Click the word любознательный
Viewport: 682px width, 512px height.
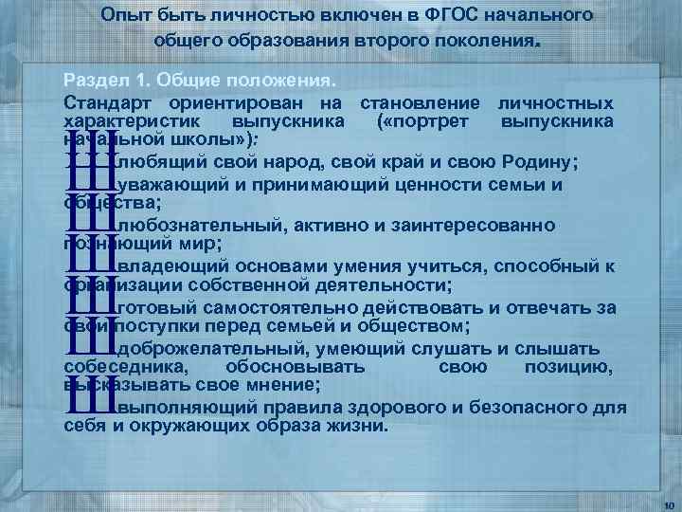[191, 226]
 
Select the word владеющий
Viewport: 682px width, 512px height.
[163, 266]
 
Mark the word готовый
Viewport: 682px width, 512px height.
[151, 307]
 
